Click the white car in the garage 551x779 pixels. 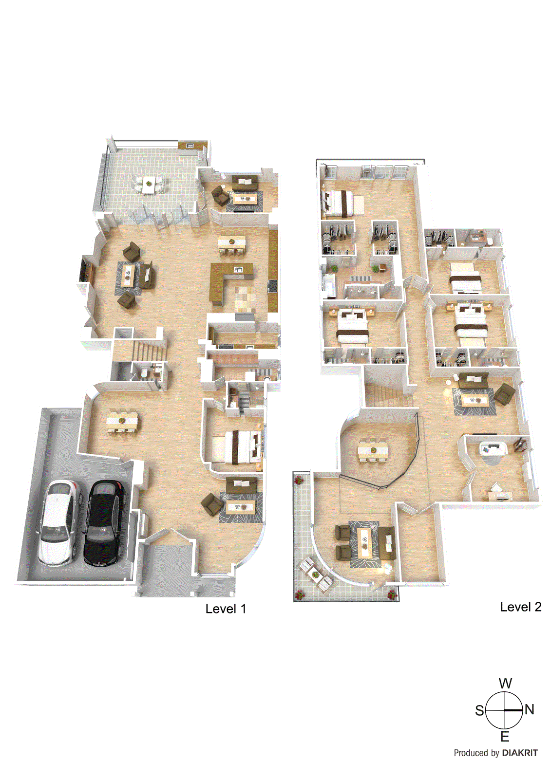pos(60,521)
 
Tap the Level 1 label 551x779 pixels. pos(226,609)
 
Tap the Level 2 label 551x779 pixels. pos(521,607)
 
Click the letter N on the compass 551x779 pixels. pos(530,709)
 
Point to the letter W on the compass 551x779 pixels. pos(505,684)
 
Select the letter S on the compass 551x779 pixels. pos(480,710)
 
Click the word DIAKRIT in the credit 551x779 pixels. pos(520,753)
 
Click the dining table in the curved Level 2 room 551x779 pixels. pos(373,451)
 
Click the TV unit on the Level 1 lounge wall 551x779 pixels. pos(86,268)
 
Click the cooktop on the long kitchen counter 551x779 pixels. pos(272,286)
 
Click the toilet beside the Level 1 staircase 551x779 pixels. pos(144,373)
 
